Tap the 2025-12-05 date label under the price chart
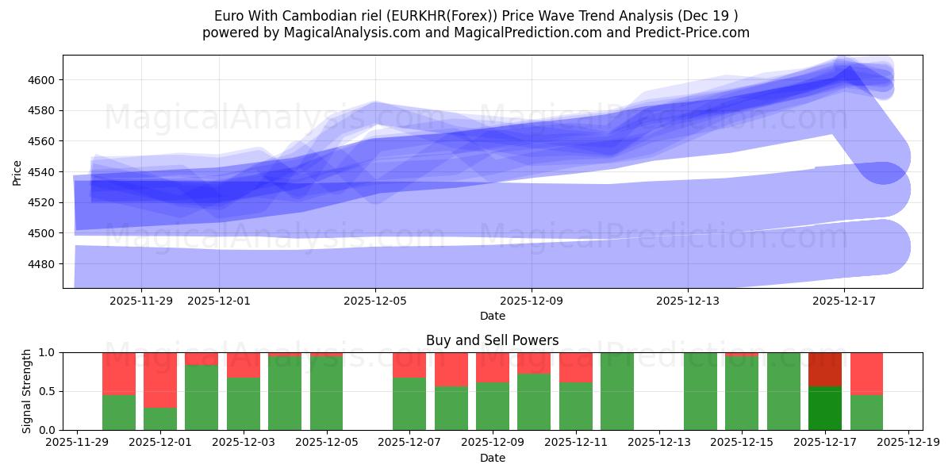coord(375,301)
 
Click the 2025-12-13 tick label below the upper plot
coord(687,301)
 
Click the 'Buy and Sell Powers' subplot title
coord(492,340)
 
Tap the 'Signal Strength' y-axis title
coord(26,391)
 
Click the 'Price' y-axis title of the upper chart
coord(17,171)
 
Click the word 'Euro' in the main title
coord(228,16)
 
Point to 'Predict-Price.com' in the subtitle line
coord(696,33)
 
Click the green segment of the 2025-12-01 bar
coord(160,419)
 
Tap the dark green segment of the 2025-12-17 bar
coord(825,409)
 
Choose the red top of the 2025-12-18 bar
coord(866,373)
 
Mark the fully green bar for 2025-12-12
coord(617,391)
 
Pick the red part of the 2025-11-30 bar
coord(119,373)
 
